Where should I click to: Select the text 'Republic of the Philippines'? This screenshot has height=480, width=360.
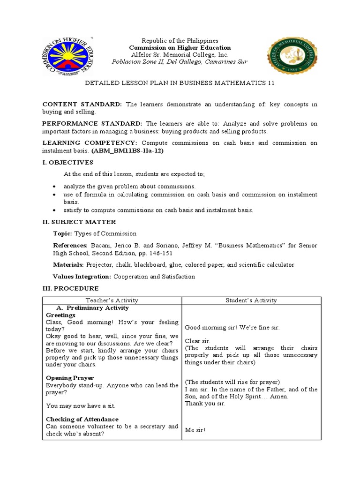[180, 41]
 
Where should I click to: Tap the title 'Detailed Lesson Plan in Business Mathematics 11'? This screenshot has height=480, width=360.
[180, 83]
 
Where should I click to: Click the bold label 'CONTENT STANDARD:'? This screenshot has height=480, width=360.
[82, 104]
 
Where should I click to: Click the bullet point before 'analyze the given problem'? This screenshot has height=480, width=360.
[55, 187]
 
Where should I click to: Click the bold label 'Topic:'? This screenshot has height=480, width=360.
[63, 233]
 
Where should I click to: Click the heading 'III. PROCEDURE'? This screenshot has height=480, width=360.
[71, 288]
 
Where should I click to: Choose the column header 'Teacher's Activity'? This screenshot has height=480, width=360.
[112, 300]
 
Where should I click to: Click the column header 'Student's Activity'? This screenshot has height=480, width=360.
[251, 300]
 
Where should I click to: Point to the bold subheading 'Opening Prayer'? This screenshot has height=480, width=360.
[70, 378]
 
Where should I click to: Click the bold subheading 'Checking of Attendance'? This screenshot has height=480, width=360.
[82, 419]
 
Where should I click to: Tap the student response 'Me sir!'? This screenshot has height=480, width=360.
[195, 430]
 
